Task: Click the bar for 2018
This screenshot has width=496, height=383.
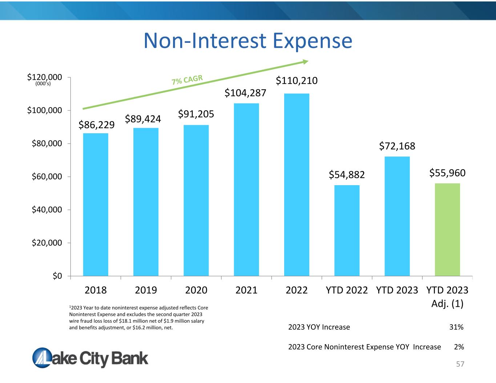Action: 96,204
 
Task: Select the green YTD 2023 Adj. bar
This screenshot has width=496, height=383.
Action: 447,229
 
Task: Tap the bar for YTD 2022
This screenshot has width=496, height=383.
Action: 347,231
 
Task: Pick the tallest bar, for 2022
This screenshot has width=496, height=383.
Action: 297,185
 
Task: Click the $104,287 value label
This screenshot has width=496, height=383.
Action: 245,93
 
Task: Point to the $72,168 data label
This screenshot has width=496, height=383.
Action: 397,146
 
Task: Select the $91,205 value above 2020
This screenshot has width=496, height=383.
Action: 196,114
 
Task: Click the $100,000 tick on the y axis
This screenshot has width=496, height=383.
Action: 44,110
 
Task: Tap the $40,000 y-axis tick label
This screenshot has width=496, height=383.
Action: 47,209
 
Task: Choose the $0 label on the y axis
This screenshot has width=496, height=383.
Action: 57,276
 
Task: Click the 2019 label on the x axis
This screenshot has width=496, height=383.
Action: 146,290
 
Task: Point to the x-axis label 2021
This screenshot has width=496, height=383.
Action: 246,290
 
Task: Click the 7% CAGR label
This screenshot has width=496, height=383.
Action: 187,80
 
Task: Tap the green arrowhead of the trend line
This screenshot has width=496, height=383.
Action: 305,62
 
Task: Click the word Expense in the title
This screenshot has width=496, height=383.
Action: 312,41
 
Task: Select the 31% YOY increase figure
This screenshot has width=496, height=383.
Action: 456,327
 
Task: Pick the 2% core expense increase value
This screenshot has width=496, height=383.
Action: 459,347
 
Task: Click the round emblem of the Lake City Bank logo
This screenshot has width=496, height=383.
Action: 42,358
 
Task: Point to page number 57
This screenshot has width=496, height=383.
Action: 460,364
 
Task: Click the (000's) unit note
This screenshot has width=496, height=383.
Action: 43,83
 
